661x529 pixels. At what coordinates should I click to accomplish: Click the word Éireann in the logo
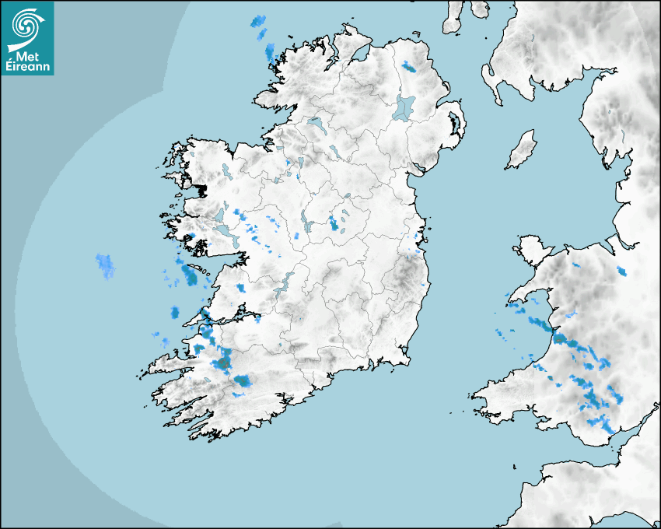27,67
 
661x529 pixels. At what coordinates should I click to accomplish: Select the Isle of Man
522,150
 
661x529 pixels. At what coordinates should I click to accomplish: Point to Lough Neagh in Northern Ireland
404,107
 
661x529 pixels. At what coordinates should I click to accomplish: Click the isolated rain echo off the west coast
105,265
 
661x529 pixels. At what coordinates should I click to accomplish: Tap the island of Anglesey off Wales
531,248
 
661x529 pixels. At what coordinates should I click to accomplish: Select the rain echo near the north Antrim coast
409,67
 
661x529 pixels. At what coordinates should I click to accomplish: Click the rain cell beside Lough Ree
334,223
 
